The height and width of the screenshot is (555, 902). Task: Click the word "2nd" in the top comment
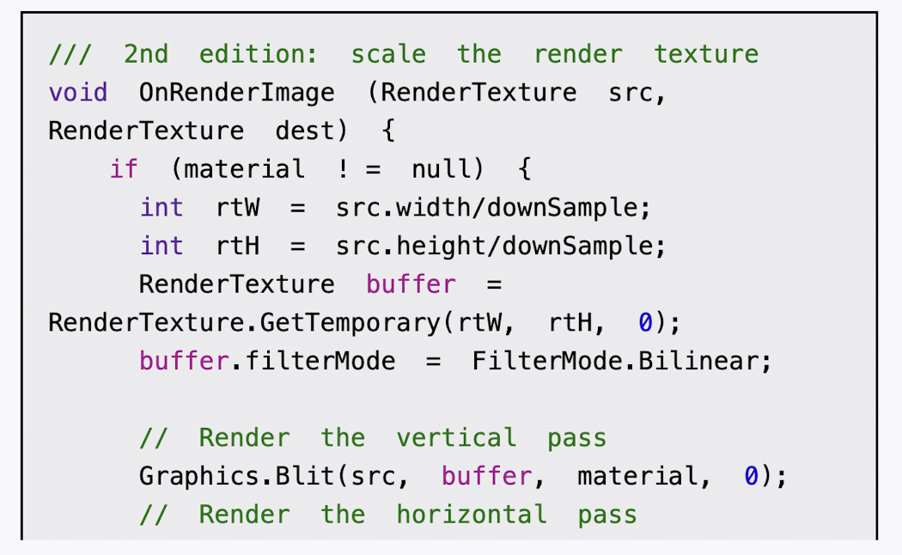(x=146, y=55)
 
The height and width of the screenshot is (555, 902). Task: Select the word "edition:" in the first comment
(x=259, y=55)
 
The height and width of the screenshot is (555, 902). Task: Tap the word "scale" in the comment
(x=388, y=55)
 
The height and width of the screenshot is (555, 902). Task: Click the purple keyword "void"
(x=78, y=93)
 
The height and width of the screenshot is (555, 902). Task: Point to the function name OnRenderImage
(x=237, y=93)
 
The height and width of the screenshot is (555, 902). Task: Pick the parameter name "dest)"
(x=312, y=131)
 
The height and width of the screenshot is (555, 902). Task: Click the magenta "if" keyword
(x=124, y=169)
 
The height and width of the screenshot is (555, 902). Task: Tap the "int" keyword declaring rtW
(x=162, y=208)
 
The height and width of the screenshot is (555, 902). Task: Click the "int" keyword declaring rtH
(x=162, y=247)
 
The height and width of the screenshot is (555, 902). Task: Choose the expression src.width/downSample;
(x=494, y=208)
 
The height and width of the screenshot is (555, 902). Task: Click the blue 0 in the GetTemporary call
(x=645, y=323)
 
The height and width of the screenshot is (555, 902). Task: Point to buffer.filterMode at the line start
(x=267, y=361)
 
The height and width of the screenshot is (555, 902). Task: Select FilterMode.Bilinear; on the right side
(x=622, y=361)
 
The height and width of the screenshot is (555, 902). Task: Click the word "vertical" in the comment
(x=456, y=438)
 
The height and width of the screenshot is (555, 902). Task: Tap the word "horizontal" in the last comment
(x=472, y=515)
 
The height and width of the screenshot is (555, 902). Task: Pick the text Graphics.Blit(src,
(x=275, y=476)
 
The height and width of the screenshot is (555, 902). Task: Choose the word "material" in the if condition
(x=244, y=169)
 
